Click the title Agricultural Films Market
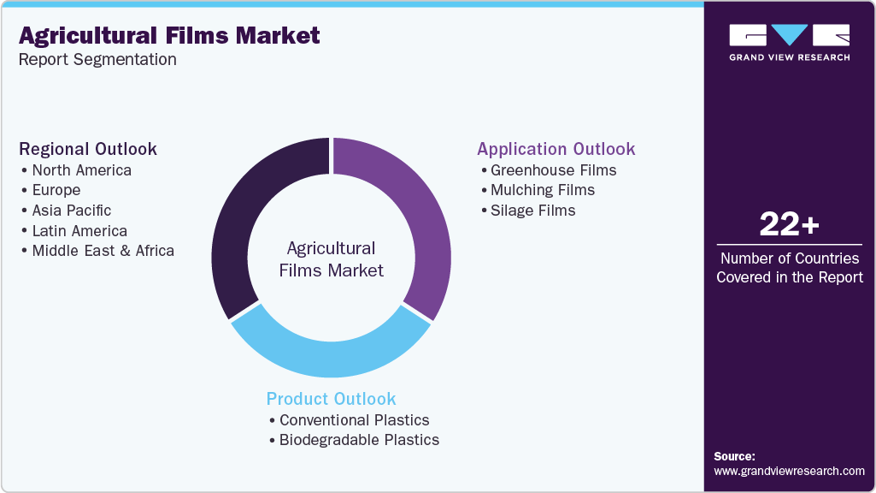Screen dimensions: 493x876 click(169, 35)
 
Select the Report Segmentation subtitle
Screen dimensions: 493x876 click(97, 60)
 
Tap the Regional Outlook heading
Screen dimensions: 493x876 click(88, 149)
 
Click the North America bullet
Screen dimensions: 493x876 click(81, 169)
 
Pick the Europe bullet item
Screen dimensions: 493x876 click(56, 190)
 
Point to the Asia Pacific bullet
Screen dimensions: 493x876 click(71, 211)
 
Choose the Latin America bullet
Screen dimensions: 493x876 click(79, 231)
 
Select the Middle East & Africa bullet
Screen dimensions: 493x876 click(103, 251)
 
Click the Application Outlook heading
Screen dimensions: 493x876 click(556, 149)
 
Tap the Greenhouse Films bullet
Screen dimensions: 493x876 click(553, 169)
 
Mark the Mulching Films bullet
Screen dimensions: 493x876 click(542, 190)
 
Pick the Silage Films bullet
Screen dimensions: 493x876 click(532, 211)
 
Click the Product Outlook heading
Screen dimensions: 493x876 click(332, 399)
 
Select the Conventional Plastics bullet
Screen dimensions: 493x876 click(354, 420)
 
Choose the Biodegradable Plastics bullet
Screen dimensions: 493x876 click(359, 440)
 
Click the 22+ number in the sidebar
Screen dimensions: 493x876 click(789, 225)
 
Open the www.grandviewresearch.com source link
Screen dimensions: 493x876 click(789, 471)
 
